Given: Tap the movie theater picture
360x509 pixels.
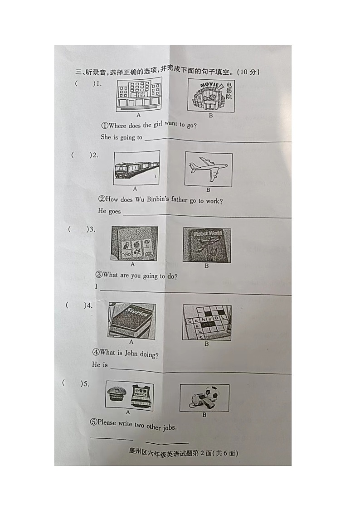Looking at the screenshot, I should tap(211, 95).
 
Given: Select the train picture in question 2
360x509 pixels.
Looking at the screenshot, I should tap(136, 168).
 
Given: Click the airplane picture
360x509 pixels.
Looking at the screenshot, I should tap(208, 170).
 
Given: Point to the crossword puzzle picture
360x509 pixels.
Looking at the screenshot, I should tap(207, 322).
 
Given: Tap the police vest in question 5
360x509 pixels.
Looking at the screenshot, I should tap(142, 395).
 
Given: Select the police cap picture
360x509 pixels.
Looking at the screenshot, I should tap(117, 393).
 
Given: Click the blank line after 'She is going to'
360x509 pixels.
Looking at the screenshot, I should tap(218, 140).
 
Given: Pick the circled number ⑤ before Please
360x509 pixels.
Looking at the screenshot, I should tap(93, 422).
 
